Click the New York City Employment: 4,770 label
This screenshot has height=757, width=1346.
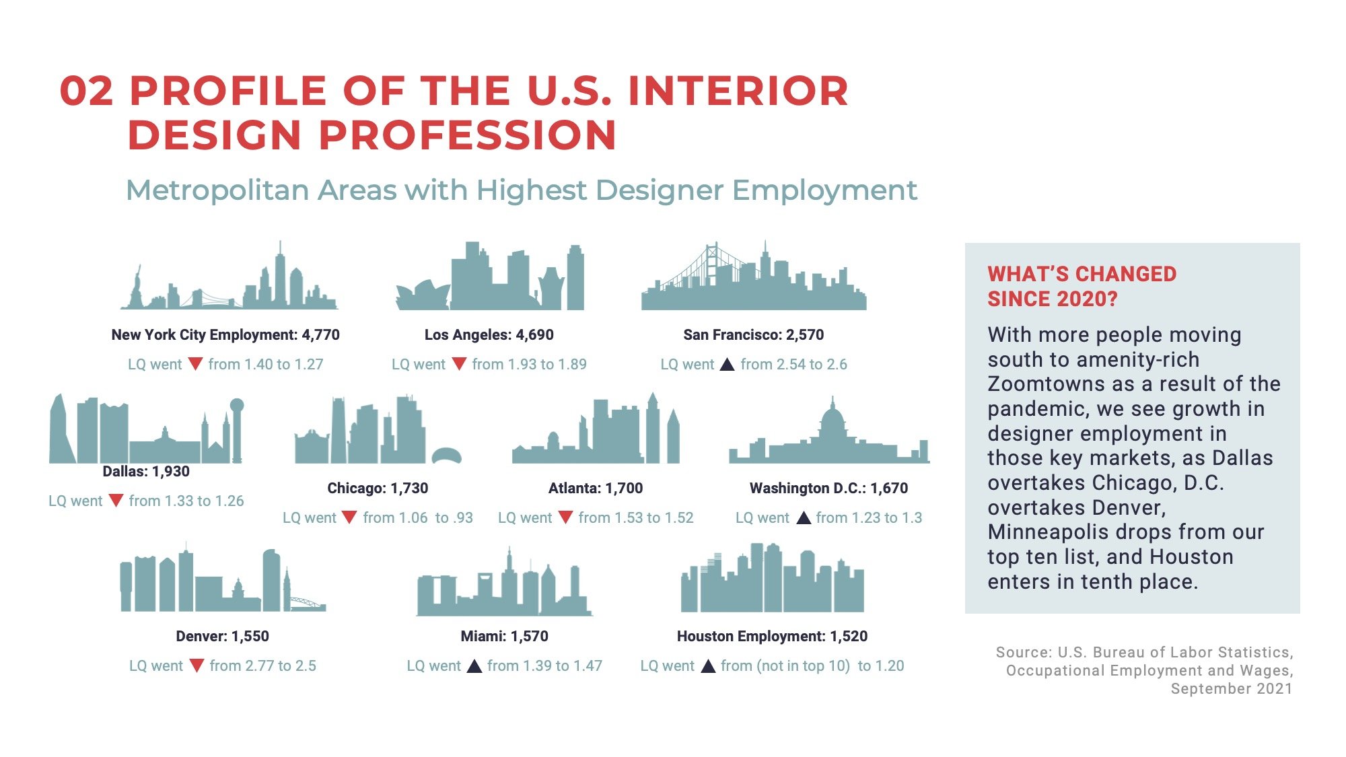pyautogui.click(x=225, y=334)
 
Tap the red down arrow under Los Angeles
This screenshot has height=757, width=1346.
pyautogui.click(x=459, y=365)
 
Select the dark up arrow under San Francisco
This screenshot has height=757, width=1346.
pyautogui.click(x=727, y=365)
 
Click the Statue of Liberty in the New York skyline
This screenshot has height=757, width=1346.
pyautogui.click(x=137, y=286)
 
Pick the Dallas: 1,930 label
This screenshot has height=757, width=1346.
pyautogui.click(x=146, y=471)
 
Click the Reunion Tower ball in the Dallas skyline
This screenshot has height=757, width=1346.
pyautogui.click(x=237, y=405)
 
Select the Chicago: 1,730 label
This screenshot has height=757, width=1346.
pyautogui.click(x=378, y=488)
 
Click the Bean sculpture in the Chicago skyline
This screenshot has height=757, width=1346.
pyautogui.click(x=446, y=455)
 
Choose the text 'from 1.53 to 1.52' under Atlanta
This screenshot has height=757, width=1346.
pyautogui.click(x=635, y=517)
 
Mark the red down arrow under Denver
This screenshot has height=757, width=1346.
pyautogui.click(x=197, y=665)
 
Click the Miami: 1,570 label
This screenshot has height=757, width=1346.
pyautogui.click(x=504, y=636)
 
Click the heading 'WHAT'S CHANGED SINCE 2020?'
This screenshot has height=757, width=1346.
pyautogui.click(x=1082, y=286)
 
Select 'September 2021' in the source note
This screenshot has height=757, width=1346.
pyautogui.click(x=1231, y=688)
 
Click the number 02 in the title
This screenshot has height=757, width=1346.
pyautogui.click(x=86, y=91)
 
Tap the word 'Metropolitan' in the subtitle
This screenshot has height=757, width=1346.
pyautogui.click(x=217, y=190)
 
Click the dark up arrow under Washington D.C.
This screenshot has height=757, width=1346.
pyautogui.click(x=804, y=517)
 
